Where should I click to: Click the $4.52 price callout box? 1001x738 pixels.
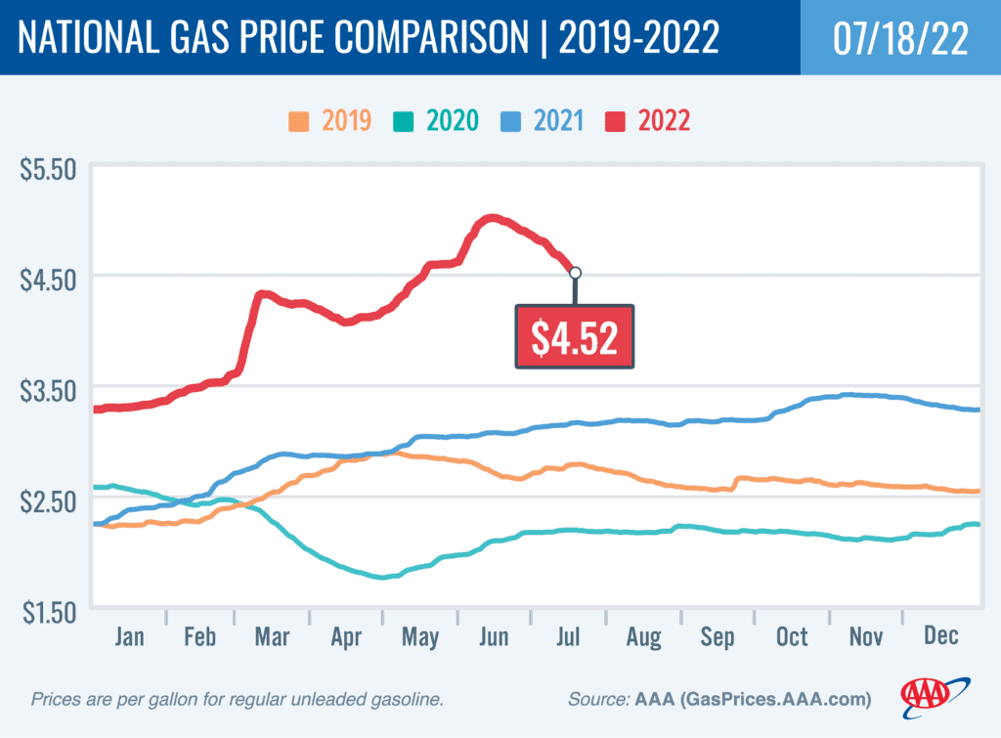click(x=575, y=336)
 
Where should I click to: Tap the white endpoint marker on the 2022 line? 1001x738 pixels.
click(x=575, y=273)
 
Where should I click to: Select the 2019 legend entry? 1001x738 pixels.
click(x=328, y=121)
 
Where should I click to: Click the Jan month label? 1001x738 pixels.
click(x=129, y=637)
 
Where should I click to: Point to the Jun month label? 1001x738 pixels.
click(x=494, y=637)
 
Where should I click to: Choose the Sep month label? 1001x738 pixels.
click(x=717, y=637)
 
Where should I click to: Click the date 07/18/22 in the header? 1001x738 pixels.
click(x=900, y=37)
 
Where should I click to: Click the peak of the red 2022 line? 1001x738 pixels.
click(x=492, y=217)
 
